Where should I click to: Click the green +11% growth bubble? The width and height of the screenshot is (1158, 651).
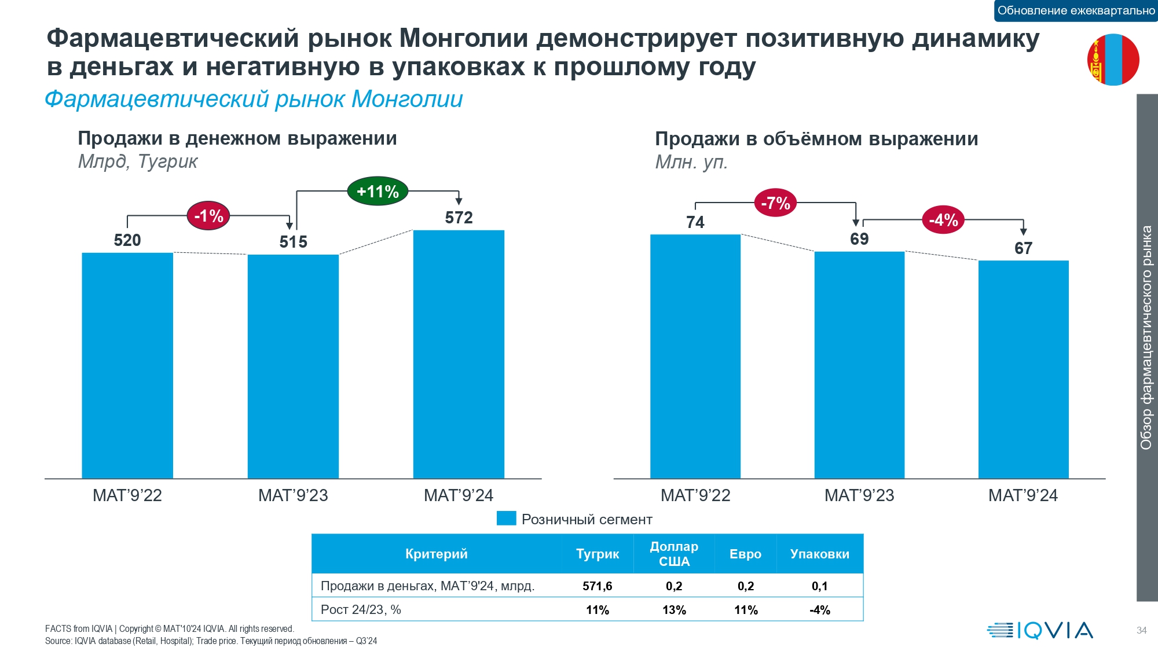[x=378, y=192]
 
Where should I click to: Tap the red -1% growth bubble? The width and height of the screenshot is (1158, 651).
[x=208, y=216]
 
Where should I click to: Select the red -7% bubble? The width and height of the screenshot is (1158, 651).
[x=775, y=203]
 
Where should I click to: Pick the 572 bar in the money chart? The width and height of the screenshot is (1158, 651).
[x=459, y=354]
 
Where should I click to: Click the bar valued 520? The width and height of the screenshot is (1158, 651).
[x=127, y=366]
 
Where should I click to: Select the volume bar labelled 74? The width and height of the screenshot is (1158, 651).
[x=695, y=356]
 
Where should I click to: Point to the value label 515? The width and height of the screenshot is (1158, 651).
[x=293, y=242]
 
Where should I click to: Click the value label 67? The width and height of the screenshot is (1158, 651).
[x=1023, y=248]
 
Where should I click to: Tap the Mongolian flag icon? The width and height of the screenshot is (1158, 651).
[x=1113, y=60]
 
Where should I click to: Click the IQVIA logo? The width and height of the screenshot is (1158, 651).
[x=1040, y=630]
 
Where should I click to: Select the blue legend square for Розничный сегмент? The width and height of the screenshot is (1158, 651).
[x=506, y=518]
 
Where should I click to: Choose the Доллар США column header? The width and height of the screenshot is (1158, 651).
[x=674, y=554]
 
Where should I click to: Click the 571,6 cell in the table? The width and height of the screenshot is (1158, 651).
[x=597, y=586]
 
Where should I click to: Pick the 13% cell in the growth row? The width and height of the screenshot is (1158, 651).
[x=674, y=610]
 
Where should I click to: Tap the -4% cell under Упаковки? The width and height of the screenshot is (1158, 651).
[x=820, y=610]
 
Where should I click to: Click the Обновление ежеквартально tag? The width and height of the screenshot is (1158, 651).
[x=1076, y=10]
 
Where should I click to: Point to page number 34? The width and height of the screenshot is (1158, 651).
[x=1141, y=630]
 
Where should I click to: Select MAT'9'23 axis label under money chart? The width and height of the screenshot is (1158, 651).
[x=293, y=495]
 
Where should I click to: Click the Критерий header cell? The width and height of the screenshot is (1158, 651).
[x=436, y=554]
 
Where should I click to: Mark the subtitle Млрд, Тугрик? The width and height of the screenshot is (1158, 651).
[x=138, y=161]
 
